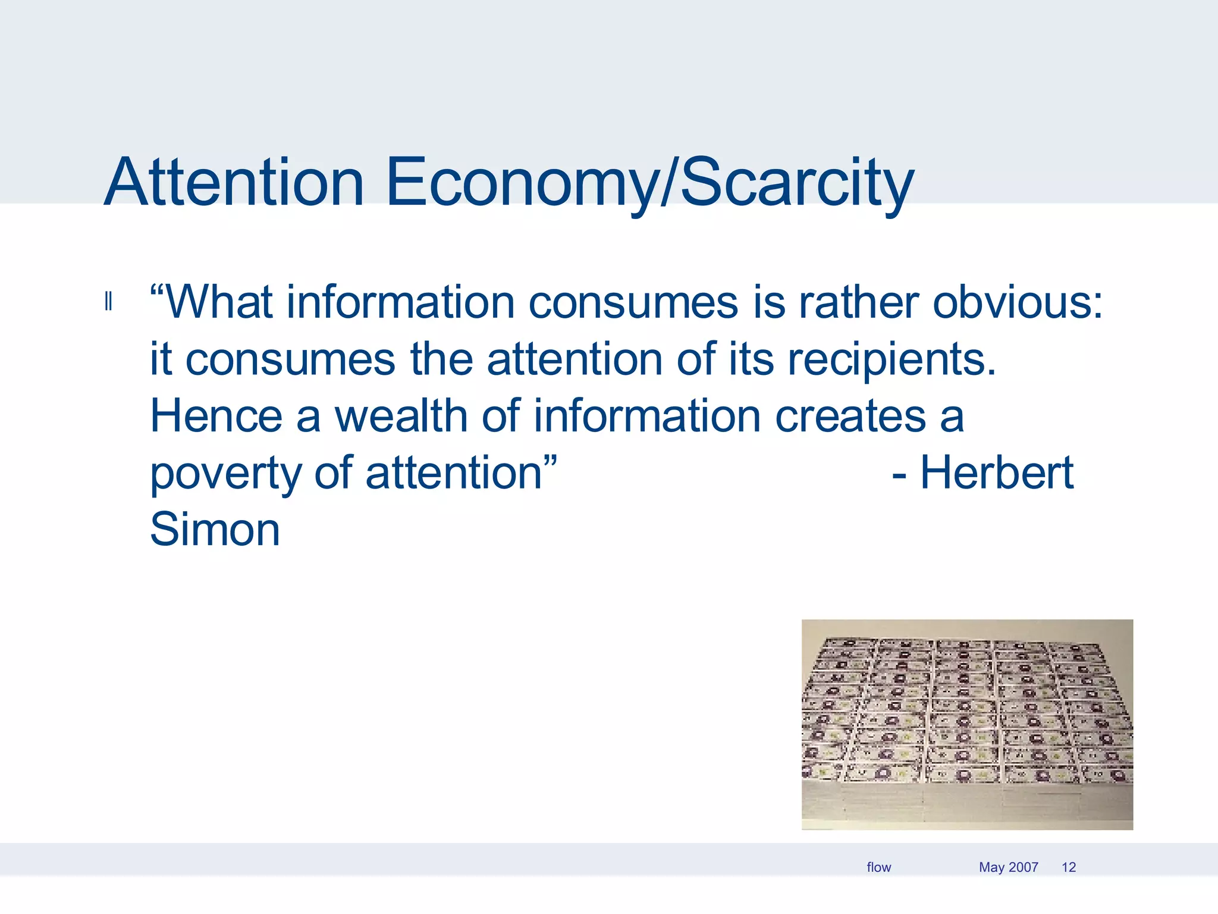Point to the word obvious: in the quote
(x=1018, y=302)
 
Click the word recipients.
(x=891, y=359)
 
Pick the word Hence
(x=216, y=416)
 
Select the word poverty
(x=225, y=474)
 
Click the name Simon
(x=215, y=529)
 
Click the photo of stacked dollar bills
(x=967, y=724)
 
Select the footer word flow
(x=878, y=867)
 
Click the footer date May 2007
(x=1008, y=867)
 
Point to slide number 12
(x=1068, y=867)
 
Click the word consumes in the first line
(x=633, y=302)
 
